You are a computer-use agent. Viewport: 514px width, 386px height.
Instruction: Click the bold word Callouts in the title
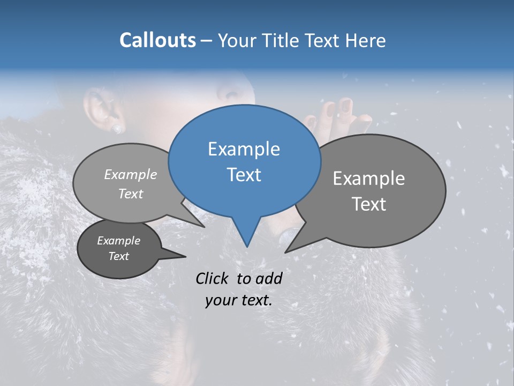tap(157, 41)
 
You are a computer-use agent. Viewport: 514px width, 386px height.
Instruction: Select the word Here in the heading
tap(365, 41)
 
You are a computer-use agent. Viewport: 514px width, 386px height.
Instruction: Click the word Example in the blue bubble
tap(244, 149)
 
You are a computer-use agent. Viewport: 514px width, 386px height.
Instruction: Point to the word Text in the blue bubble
tap(244, 175)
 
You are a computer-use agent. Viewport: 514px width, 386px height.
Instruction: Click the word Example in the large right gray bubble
tap(368, 179)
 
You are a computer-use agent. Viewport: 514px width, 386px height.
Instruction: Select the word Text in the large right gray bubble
tap(368, 204)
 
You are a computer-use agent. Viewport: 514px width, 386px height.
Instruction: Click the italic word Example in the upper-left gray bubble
tap(130, 175)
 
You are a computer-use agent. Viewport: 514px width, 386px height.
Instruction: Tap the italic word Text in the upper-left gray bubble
tap(130, 194)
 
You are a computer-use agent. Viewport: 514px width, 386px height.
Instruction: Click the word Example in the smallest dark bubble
tap(118, 241)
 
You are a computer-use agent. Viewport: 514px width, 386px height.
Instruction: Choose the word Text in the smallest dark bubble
tap(118, 256)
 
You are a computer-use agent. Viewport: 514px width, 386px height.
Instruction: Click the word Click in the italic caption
tap(214, 278)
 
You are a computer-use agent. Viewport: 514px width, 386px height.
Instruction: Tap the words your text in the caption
tap(238, 301)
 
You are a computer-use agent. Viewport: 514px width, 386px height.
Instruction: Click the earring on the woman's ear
tap(117, 129)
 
